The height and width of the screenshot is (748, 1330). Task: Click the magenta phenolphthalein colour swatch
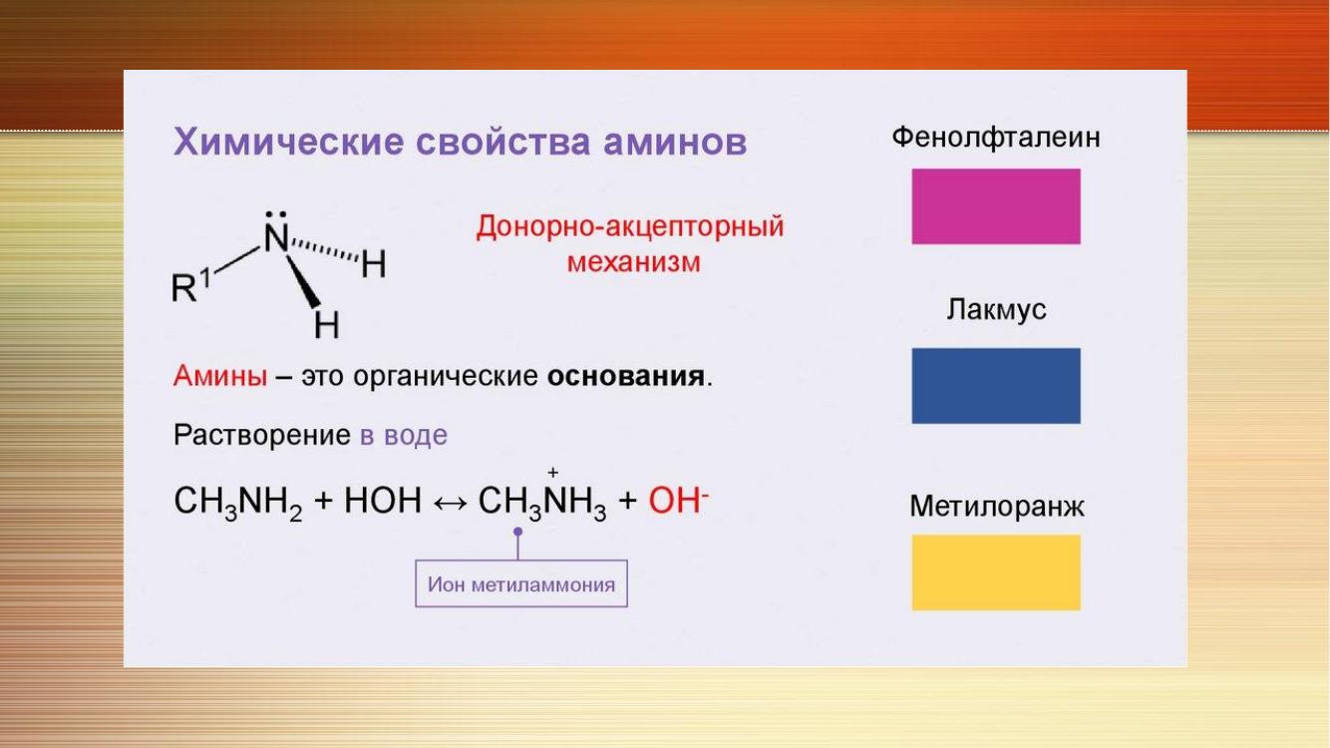[996, 206]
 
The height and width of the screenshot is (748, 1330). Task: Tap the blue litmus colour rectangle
[996, 386]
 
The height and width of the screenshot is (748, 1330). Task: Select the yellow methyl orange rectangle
[996, 572]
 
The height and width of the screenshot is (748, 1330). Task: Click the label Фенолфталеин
[996, 138]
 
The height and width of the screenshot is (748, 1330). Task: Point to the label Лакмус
[996, 309]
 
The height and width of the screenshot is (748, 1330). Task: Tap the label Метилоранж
[997, 507]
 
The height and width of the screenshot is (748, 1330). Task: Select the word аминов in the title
[675, 144]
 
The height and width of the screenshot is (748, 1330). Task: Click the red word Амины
[220, 375]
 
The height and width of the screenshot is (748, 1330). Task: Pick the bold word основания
[626, 376]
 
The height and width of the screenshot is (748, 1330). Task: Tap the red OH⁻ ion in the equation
[679, 501]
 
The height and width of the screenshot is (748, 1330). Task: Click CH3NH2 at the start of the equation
[238, 502]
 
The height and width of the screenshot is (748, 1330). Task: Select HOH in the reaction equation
[383, 501]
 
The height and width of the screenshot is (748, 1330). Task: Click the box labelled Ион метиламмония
[521, 583]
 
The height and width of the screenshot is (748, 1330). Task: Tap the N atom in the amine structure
[276, 238]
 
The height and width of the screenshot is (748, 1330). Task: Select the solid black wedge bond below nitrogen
[303, 281]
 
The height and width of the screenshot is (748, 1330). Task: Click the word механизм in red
[633, 262]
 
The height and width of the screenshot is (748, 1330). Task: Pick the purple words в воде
[404, 435]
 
